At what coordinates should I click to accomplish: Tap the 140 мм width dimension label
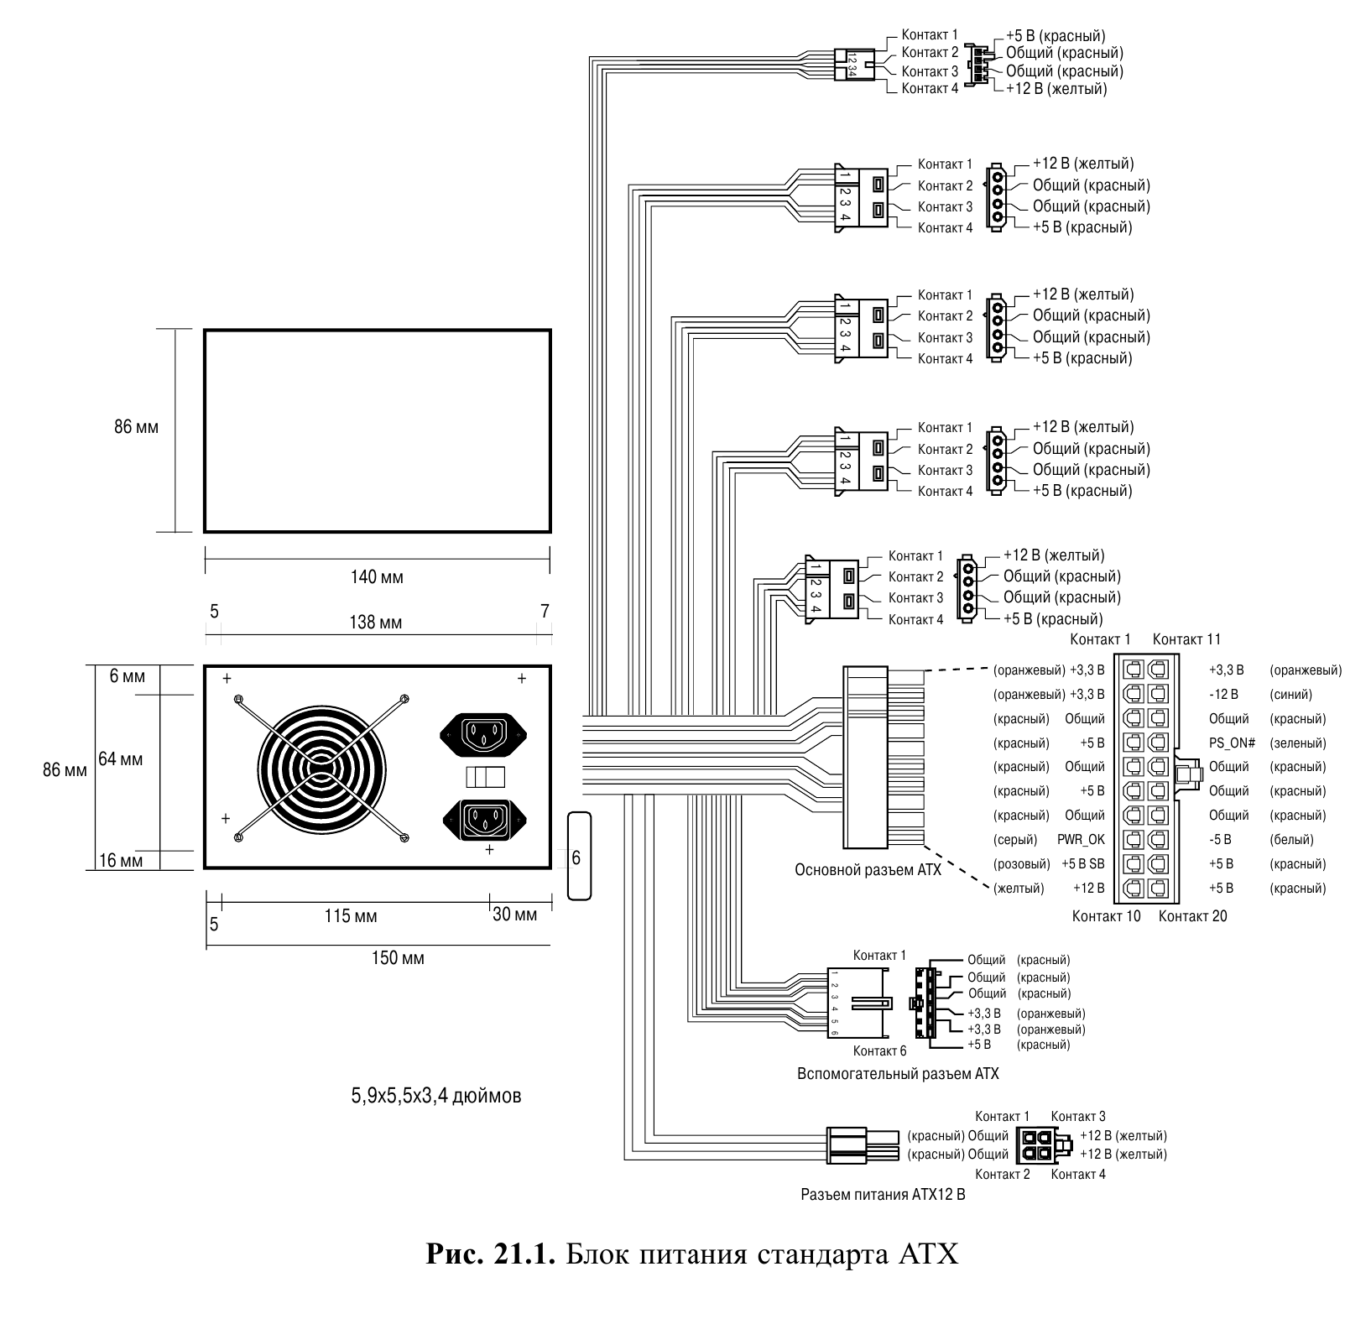coord(377,577)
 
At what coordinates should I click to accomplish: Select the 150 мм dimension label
coord(398,957)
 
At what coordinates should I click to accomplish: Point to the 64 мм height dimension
coord(121,759)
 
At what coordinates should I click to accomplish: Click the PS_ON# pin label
coord(1232,743)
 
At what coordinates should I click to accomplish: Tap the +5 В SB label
coord(1082,863)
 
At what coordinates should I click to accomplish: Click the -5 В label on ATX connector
coord(1220,839)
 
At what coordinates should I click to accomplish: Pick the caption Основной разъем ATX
coord(868,870)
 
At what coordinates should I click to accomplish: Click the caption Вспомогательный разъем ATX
coord(898,1073)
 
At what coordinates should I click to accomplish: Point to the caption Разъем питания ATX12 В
coord(883,1194)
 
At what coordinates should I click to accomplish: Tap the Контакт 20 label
coord(1192,915)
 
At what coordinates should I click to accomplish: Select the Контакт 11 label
coord(1186,639)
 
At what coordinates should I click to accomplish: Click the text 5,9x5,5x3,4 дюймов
coord(436,1095)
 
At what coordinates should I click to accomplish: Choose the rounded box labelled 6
coord(578,857)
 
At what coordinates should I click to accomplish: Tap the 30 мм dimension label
coord(514,915)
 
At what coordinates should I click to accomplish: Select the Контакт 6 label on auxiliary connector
coord(879,1051)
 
